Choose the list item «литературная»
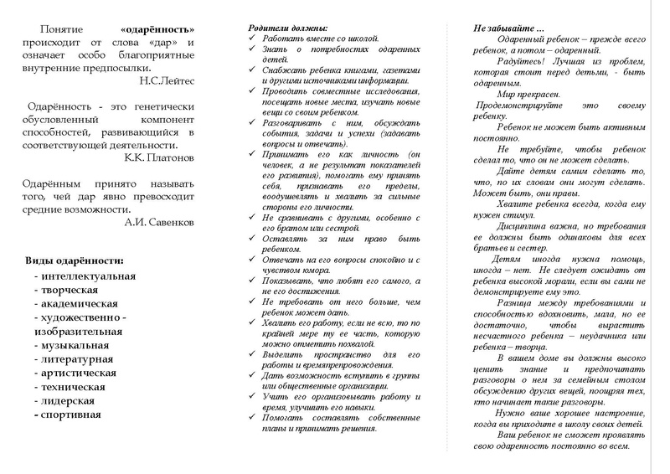79,359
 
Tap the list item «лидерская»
70,401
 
